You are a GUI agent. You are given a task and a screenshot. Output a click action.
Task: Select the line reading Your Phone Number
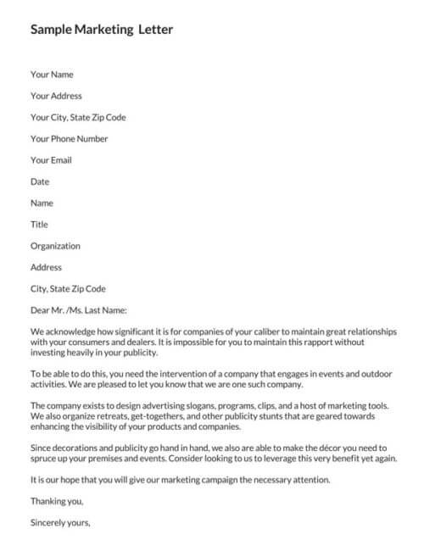(70, 138)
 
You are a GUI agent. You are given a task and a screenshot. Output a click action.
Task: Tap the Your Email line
(51, 160)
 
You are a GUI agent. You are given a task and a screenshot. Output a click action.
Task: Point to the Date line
(40, 181)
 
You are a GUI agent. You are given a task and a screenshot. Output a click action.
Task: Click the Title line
(39, 225)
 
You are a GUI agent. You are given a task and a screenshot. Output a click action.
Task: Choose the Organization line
(55, 246)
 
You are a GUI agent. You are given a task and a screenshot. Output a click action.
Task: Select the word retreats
(110, 416)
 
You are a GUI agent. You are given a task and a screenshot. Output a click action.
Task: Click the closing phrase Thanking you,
(55, 502)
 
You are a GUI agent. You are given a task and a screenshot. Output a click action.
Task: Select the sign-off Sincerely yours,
(59, 523)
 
